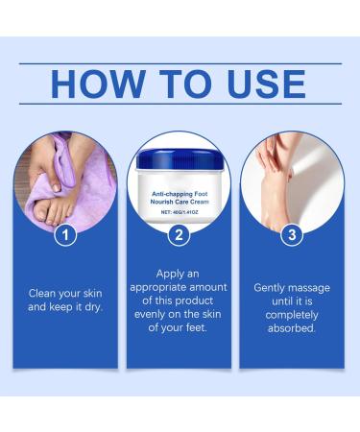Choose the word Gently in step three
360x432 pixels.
point(270,287)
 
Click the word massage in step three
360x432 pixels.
point(312,287)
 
